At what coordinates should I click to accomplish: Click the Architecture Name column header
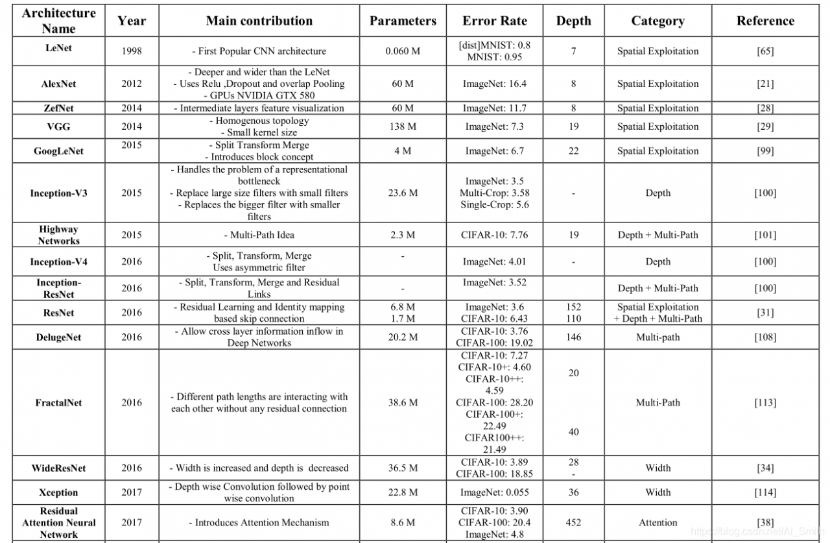tap(58, 21)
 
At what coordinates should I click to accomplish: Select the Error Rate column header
tap(495, 21)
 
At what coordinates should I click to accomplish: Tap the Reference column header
tap(765, 21)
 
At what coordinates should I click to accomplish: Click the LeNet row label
tap(58, 49)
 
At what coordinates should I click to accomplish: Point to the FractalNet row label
tap(58, 403)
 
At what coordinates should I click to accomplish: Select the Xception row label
tap(58, 492)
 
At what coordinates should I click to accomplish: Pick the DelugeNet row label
tap(58, 337)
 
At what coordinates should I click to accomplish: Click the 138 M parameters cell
tap(403, 127)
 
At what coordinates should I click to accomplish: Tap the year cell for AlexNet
tap(132, 84)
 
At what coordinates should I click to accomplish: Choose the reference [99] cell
tap(765, 151)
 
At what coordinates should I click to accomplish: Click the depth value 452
tap(573, 522)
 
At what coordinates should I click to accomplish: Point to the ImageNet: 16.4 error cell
tap(495, 84)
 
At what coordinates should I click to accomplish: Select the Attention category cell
tap(658, 522)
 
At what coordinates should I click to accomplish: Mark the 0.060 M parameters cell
tap(403, 51)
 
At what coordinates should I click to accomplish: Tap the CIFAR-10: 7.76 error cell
tap(495, 235)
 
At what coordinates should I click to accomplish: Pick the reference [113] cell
tap(765, 403)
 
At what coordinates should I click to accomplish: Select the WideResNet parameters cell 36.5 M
tap(403, 468)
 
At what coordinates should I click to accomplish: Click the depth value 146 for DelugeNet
tap(573, 337)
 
